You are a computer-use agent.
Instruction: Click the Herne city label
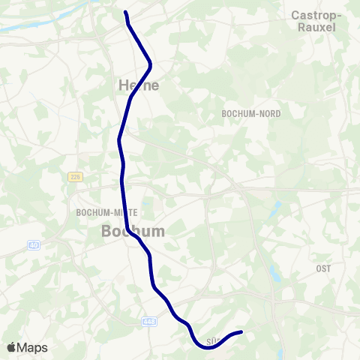click(139, 85)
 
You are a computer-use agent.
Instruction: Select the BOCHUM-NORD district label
click(251, 114)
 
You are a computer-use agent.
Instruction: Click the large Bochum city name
click(133, 232)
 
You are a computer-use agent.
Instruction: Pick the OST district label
click(323, 268)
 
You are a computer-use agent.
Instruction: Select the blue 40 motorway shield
click(34, 245)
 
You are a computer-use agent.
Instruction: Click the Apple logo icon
click(12, 347)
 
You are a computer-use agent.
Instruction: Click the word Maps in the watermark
click(33, 347)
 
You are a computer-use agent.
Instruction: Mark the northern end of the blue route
click(125, 12)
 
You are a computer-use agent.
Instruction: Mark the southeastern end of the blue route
click(241, 332)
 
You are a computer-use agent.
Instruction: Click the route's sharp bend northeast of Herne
click(151, 63)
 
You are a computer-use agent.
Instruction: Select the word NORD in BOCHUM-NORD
click(269, 114)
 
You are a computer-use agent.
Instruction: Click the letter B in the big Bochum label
click(107, 232)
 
